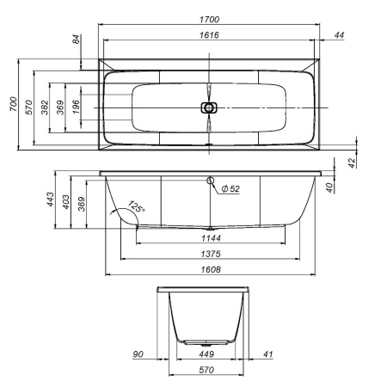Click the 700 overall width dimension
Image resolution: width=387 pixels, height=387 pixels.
[x=13, y=105]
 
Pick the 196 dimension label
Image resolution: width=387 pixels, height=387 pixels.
[x=76, y=107]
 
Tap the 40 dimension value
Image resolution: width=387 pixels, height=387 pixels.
[x=352, y=186]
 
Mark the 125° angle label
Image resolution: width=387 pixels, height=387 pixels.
[x=135, y=207]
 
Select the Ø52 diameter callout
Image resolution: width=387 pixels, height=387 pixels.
[x=229, y=189]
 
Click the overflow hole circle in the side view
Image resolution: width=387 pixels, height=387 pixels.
[x=209, y=181]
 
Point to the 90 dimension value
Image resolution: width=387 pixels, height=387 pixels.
[x=138, y=353]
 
